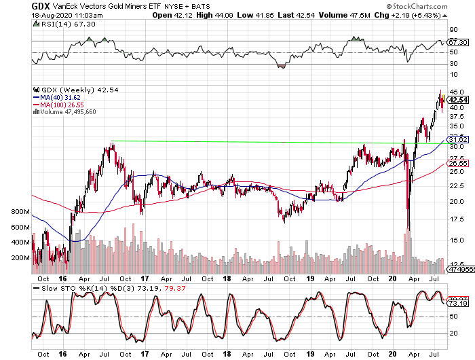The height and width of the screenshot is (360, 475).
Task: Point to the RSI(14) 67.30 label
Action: click(x=58, y=23)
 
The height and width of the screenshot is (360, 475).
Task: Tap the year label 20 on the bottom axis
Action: click(x=393, y=277)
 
